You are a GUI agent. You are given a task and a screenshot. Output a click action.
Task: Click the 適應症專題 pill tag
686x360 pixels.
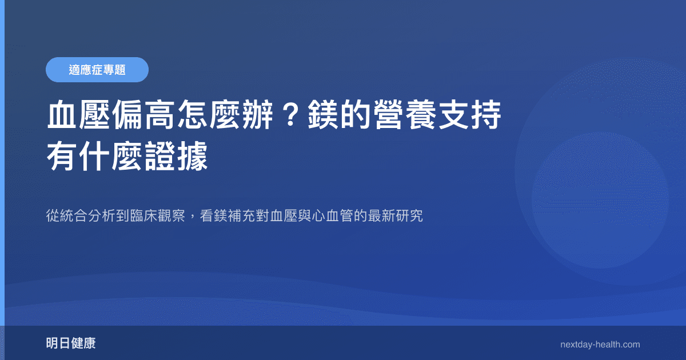[97, 70]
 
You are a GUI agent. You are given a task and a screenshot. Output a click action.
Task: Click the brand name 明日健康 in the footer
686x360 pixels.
[71, 344]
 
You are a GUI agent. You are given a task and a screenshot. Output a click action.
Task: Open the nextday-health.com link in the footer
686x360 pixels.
[600, 345]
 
